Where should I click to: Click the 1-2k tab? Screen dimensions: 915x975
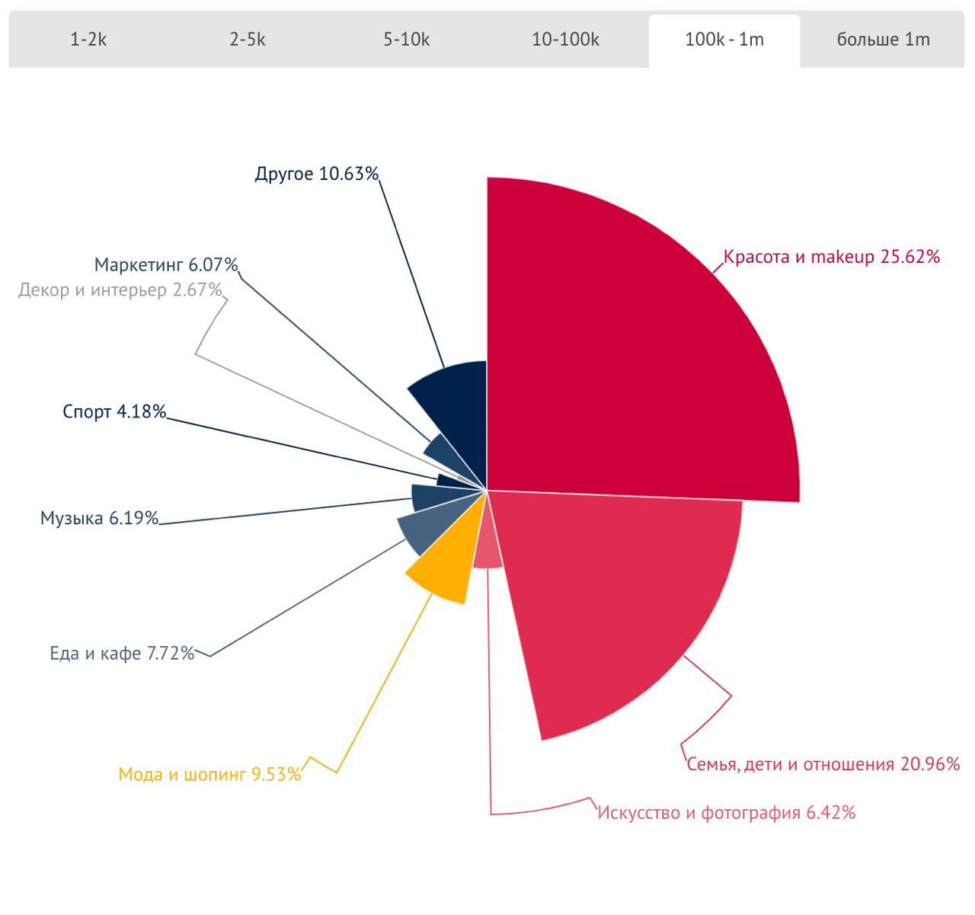(x=88, y=40)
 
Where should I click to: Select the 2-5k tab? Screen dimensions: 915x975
(x=248, y=40)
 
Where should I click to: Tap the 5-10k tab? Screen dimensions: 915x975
(x=406, y=40)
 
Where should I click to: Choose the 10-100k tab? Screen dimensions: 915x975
(x=565, y=40)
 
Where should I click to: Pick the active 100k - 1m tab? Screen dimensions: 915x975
(x=724, y=40)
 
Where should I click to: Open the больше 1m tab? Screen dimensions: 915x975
(x=883, y=40)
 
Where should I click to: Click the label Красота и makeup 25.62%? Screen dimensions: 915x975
(x=831, y=257)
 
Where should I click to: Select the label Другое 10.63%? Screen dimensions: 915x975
(x=316, y=174)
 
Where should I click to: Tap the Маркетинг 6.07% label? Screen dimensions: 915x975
(x=166, y=265)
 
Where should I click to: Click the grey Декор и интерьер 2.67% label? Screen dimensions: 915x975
(x=120, y=290)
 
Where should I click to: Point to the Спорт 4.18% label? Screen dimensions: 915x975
(x=114, y=412)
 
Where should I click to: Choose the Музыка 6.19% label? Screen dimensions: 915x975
(x=99, y=519)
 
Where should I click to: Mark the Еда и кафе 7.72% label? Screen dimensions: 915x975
(x=122, y=653)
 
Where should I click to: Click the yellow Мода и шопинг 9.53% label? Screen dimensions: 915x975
(x=209, y=775)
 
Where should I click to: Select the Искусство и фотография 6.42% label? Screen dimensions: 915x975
(x=726, y=813)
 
